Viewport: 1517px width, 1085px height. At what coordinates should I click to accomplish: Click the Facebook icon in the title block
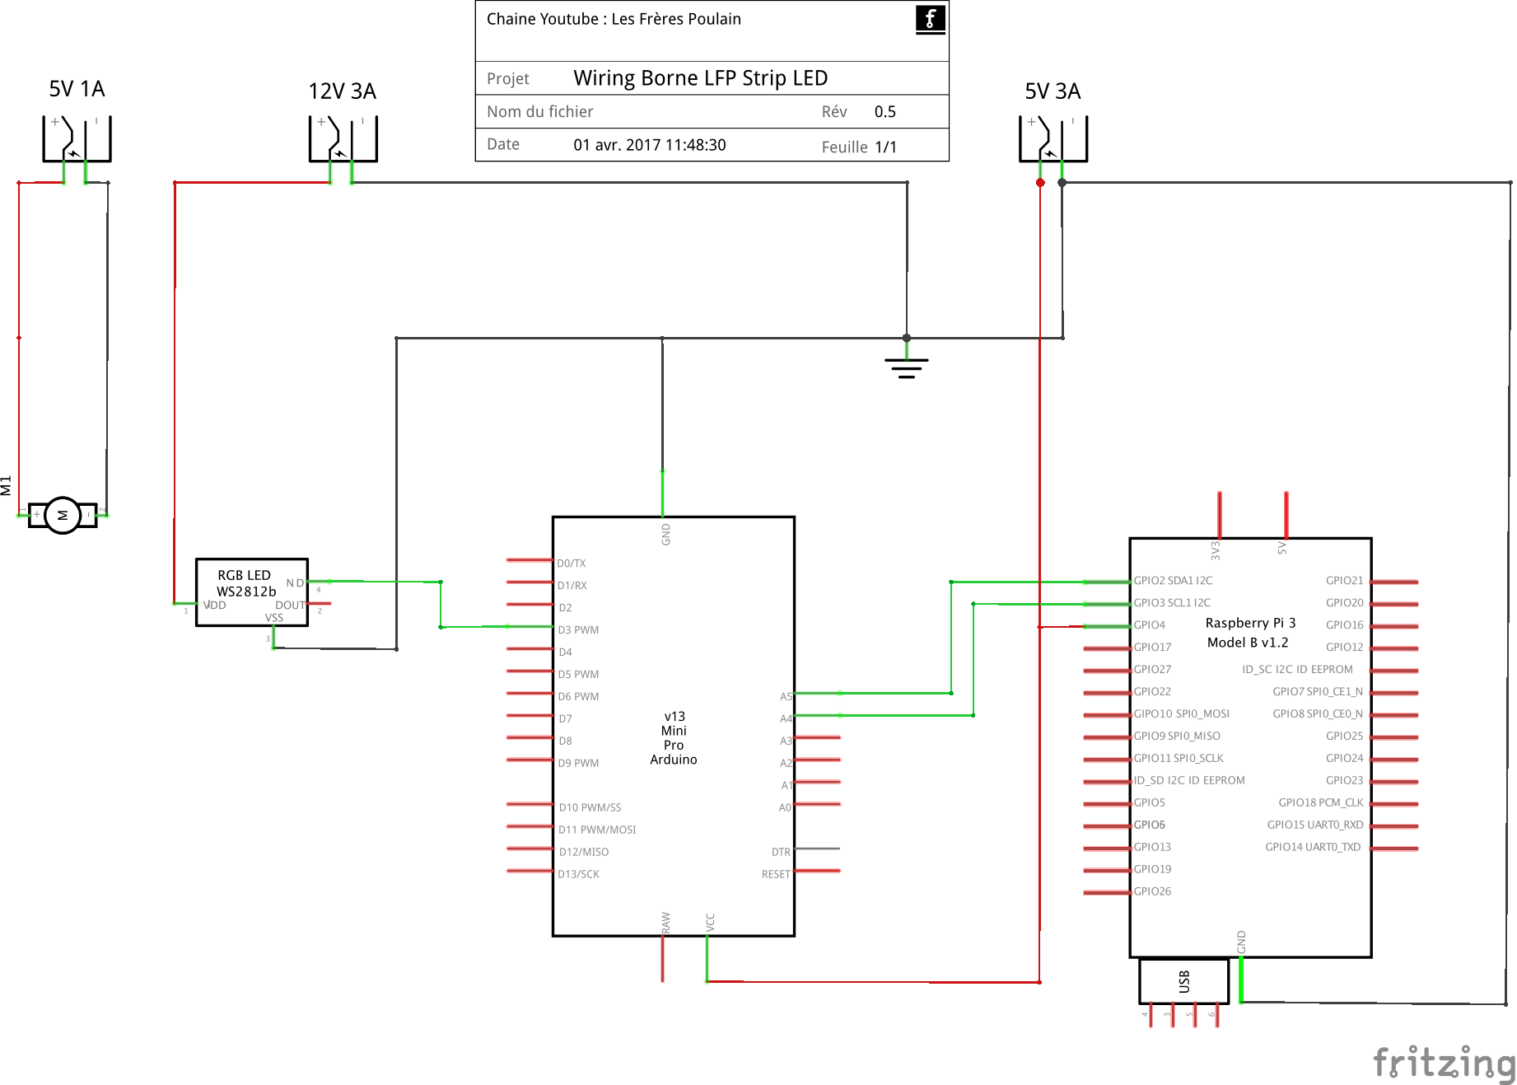point(930,19)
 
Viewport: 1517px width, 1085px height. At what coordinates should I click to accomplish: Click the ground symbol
point(906,367)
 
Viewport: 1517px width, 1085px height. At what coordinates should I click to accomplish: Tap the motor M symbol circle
point(63,515)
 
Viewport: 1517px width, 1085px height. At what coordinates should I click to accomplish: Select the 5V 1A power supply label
point(77,88)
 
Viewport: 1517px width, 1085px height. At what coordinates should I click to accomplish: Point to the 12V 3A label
point(342,91)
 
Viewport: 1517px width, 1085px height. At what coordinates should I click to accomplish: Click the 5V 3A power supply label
point(1053,91)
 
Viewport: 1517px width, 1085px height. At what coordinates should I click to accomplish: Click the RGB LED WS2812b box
point(252,592)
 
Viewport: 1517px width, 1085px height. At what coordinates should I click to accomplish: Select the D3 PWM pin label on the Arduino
point(578,629)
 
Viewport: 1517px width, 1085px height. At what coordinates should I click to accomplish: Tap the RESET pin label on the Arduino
point(776,874)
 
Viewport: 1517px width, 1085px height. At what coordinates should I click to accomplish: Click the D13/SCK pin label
point(578,874)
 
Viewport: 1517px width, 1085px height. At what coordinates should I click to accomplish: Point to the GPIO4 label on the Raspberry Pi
point(1149,624)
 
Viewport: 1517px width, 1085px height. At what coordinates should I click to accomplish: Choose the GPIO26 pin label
point(1152,891)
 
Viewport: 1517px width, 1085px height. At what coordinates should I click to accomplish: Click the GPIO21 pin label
point(1344,581)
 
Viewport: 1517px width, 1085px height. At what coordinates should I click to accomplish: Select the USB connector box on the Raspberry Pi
point(1183,981)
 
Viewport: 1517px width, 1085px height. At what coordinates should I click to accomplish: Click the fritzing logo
point(1444,1064)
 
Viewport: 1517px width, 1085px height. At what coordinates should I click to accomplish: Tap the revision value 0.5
point(885,112)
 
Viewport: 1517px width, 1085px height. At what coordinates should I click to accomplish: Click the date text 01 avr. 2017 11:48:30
point(650,145)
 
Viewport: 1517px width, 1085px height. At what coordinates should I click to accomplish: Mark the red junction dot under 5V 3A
point(1040,183)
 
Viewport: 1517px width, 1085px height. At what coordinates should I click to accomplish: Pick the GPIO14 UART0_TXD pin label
point(1313,847)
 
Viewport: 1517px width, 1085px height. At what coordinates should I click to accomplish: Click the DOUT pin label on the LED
point(290,605)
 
